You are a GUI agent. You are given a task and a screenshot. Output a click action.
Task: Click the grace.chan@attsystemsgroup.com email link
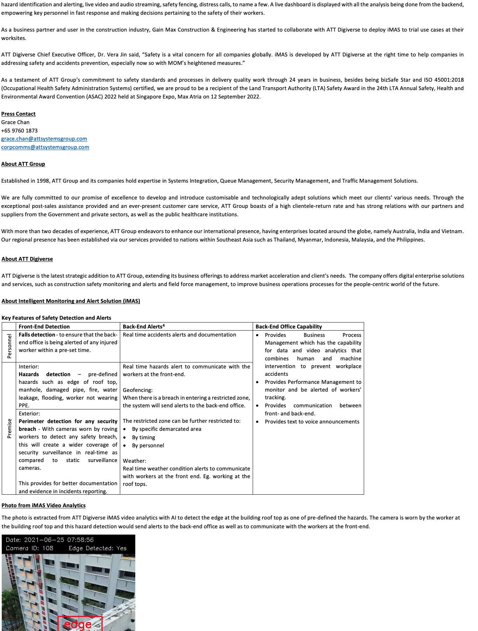point(44,139)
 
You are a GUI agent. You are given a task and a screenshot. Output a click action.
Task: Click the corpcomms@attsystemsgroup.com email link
point(45,147)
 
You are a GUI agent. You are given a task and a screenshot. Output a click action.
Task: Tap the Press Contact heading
point(18,114)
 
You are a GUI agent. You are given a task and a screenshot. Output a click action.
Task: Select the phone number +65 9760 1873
point(19,130)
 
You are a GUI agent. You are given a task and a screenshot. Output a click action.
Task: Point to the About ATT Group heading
point(23,164)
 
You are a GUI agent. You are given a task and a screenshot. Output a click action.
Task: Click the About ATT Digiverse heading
point(27,259)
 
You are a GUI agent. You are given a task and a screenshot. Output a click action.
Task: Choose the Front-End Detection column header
point(44,327)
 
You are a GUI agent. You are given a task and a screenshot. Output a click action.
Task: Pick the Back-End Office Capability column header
point(289,327)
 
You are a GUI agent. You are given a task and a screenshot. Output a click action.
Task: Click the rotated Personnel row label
point(9,346)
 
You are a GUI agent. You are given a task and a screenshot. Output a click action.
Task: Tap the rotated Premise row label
point(9,428)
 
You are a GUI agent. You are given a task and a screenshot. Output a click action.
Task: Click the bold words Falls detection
point(37,335)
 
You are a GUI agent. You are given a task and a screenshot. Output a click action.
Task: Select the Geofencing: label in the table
point(138,390)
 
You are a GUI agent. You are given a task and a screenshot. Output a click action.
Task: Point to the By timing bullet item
point(143,437)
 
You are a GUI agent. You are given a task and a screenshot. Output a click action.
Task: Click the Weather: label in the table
point(135,461)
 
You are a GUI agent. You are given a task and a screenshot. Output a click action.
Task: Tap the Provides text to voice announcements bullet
point(312,422)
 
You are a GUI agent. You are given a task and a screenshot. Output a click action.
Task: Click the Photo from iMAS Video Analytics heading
point(43,506)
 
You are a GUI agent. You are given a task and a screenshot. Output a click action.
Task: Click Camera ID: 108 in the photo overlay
point(29,548)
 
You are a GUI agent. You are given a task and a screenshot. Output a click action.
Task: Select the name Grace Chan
point(15,122)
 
